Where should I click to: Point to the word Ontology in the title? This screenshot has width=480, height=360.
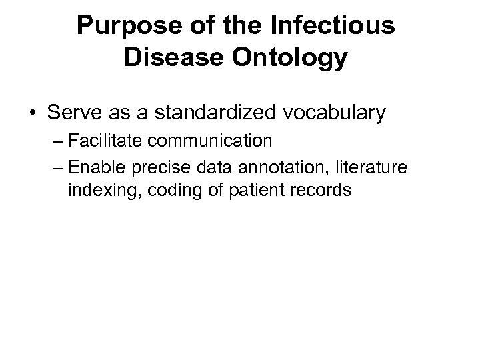(x=291, y=58)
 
